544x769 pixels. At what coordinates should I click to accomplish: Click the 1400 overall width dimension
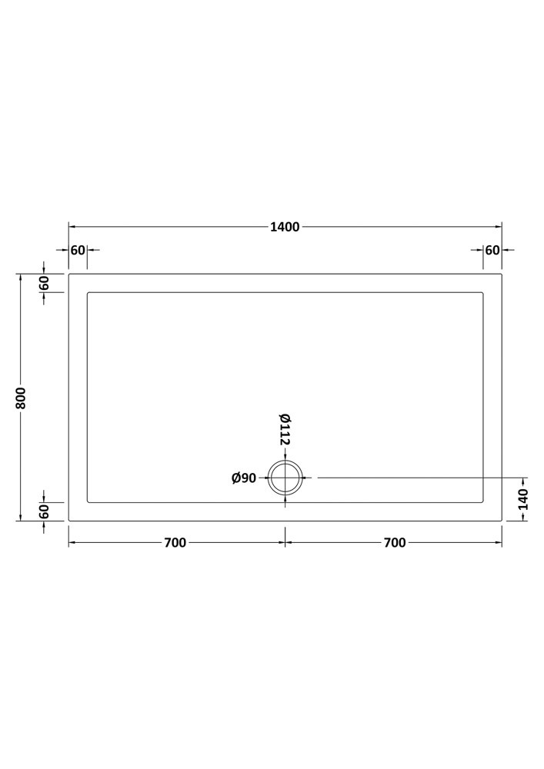click(285, 227)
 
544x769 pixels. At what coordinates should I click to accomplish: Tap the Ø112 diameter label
click(285, 430)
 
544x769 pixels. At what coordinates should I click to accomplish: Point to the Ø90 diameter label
click(244, 478)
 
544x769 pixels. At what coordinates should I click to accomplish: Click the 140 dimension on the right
click(523, 499)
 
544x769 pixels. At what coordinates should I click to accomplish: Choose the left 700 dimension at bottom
click(175, 542)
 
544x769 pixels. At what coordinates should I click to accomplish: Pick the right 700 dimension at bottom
click(395, 542)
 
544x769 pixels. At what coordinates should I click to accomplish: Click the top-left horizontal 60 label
click(78, 250)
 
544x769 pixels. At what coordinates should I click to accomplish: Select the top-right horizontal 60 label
click(492, 250)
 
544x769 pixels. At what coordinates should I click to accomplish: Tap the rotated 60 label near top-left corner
click(44, 284)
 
